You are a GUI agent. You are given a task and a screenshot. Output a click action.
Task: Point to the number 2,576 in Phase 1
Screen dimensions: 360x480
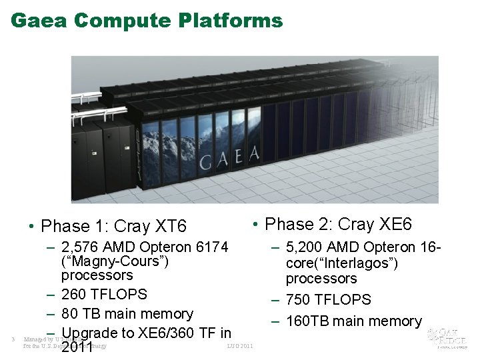(x=80, y=247)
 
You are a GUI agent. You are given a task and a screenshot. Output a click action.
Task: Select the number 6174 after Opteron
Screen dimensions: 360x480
(x=207, y=247)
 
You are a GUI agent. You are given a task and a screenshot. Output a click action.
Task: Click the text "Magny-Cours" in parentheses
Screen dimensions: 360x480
(x=115, y=261)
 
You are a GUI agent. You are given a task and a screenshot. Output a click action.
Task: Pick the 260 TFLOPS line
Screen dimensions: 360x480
(x=103, y=295)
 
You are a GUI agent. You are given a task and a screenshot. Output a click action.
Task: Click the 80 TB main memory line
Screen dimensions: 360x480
(x=127, y=314)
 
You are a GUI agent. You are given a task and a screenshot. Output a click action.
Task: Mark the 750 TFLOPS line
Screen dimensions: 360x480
(x=328, y=300)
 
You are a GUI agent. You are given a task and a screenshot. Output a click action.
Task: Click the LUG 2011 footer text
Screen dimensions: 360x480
(x=240, y=346)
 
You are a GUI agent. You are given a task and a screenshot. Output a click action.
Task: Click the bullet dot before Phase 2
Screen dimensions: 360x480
(x=257, y=224)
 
